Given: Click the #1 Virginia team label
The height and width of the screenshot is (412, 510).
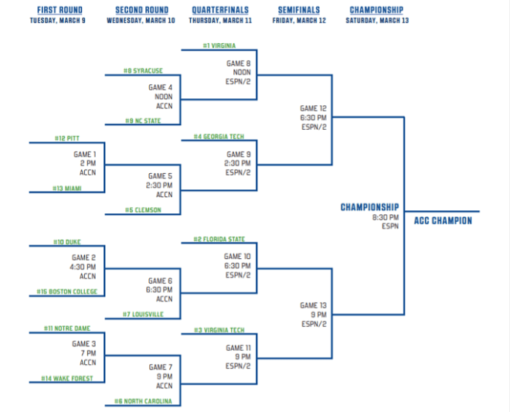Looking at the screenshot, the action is pos(219,46).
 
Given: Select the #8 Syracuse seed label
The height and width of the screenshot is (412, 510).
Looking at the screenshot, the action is pos(143,70).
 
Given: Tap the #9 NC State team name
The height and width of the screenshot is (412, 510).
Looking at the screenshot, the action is pos(143,121).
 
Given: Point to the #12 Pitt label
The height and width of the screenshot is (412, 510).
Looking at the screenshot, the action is pos(67,138).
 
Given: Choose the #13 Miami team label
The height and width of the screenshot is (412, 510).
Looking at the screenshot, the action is pos(67,188).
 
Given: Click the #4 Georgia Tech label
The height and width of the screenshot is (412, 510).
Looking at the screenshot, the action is pos(219,137).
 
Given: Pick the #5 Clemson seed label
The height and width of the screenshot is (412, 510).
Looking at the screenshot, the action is pos(143,210).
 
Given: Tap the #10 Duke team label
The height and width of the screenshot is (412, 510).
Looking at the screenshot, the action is pos(67,242).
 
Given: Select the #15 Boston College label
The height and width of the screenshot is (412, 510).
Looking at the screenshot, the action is pos(67,291).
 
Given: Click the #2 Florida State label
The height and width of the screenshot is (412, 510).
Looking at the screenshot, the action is pos(219,239).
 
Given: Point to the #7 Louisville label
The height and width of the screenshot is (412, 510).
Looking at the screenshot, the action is pos(143,315).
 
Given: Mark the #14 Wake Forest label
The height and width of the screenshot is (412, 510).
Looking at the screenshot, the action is pos(67,378).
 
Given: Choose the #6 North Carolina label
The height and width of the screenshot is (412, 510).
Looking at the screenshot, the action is pos(143,401).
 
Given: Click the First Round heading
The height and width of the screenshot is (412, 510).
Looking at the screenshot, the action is pos(59,10).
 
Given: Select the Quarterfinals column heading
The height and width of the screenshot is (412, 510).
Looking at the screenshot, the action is pos(220,10).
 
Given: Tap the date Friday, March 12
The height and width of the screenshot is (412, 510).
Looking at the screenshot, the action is pos(299,21).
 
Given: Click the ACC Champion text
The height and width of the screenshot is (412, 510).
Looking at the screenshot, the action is pos(443,220).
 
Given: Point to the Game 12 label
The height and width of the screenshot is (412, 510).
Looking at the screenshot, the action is pos(313,108).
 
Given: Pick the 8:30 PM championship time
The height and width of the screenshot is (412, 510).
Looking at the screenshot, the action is pos(386,217).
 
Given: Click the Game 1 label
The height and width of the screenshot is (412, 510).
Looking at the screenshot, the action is pos(84,155).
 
